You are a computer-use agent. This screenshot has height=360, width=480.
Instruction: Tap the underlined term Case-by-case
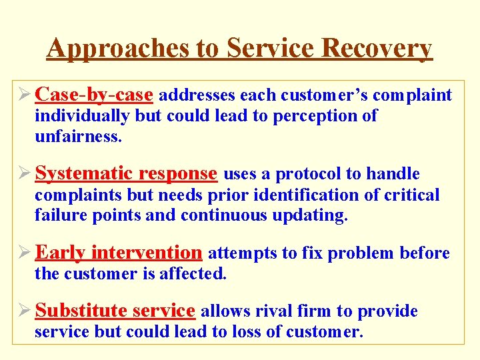[x=94, y=95]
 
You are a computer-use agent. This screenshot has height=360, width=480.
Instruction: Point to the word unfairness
[x=78, y=137]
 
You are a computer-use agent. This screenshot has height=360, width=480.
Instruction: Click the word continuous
[x=221, y=216]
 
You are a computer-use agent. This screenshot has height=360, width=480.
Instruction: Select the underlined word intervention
[x=146, y=253]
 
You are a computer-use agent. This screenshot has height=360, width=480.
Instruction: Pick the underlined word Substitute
[x=81, y=311]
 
